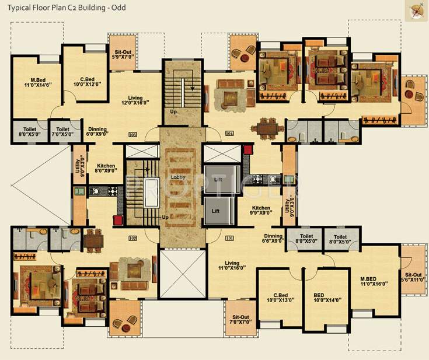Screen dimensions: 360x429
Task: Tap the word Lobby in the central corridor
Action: click(x=178, y=177)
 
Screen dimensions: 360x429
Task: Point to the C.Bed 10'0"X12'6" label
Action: click(x=88, y=81)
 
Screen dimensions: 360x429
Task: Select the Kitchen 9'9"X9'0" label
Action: click(x=261, y=211)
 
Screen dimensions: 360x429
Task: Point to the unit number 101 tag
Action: click(x=229, y=237)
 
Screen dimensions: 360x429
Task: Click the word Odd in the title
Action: click(x=118, y=8)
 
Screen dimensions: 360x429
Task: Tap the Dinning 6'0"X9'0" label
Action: click(x=97, y=132)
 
